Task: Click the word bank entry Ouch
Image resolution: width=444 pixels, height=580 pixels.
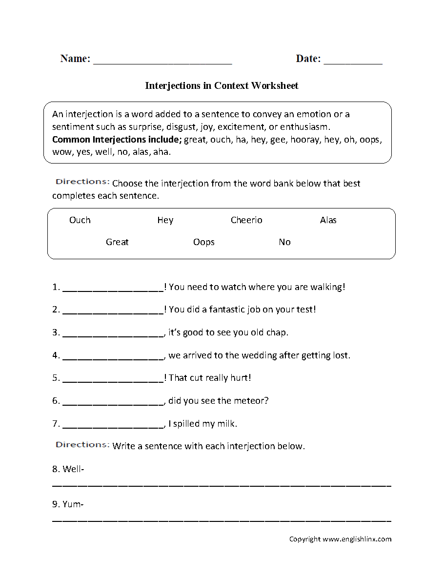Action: tap(80, 220)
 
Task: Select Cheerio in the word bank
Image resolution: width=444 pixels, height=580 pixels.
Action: tap(246, 220)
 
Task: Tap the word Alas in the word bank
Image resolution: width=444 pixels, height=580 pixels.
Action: tap(328, 220)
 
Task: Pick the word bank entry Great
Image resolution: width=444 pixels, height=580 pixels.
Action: tap(117, 242)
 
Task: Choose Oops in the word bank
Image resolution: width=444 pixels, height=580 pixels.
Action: tap(204, 242)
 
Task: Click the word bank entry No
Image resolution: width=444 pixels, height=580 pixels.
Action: tap(284, 242)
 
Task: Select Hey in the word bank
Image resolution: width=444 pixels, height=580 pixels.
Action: tap(165, 220)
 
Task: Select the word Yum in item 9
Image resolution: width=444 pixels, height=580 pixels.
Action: tap(71, 504)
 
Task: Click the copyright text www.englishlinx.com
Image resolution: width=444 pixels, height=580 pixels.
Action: tap(357, 539)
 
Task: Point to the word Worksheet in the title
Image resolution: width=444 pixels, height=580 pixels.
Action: tap(275, 85)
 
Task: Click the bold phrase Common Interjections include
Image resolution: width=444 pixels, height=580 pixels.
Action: tap(116, 140)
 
